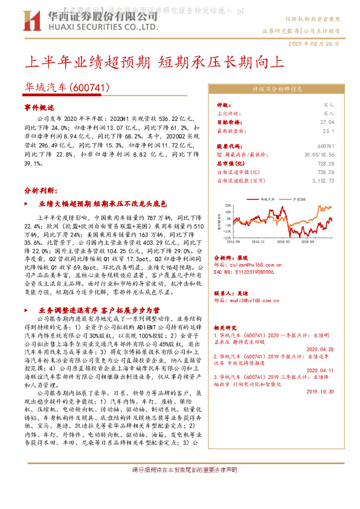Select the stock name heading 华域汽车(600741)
[x=67, y=88]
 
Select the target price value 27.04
[x=327, y=122]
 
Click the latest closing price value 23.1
[x=329, y=130]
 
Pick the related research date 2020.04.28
[x=321, y=349]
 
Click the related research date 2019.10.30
[x=321, y=391]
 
